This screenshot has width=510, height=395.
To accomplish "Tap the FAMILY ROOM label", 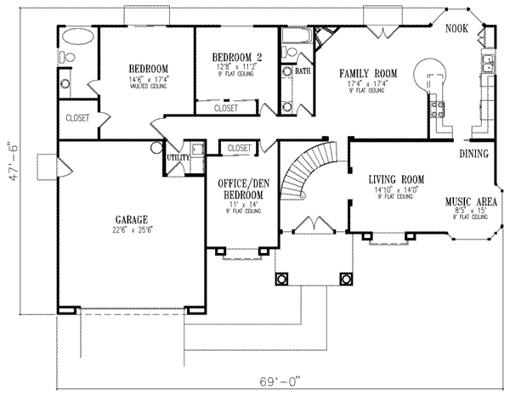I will [363, 73].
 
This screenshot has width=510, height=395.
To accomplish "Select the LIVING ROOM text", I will [396, 179].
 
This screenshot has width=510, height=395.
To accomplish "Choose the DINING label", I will [473, 154].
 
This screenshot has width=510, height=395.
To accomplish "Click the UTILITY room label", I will [178, 157].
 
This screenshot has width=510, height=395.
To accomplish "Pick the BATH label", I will [303, 71].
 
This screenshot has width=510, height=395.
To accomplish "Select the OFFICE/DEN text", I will [240, 183].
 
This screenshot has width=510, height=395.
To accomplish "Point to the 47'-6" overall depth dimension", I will [10, 177].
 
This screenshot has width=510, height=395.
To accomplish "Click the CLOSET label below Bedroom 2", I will [225, 109].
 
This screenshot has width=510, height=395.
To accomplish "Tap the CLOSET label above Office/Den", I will [241, 148].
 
